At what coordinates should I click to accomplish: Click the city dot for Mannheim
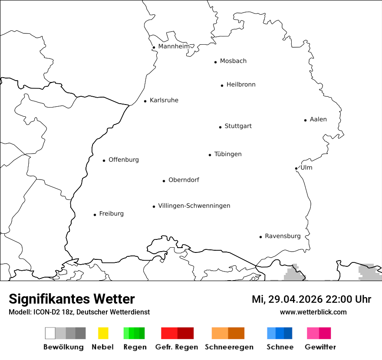coord(154,48)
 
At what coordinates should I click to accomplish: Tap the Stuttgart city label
coord(238,126)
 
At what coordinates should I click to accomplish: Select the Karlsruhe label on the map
coord(164,100)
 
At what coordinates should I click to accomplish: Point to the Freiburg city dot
coord(95,215)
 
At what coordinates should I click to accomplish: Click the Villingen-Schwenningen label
coord(194,206)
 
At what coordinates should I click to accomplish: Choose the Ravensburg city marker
coord(260,237)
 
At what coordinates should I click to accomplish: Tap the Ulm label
coord(306,167)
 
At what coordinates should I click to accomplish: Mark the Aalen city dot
coord(305,120)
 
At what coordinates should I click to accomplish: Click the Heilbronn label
coord(241,85)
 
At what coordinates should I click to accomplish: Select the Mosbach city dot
coord(215,62)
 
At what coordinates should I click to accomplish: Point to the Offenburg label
coord(123,160)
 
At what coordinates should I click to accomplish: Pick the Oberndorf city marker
coord(164,181)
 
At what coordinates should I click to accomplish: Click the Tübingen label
coord(228,154)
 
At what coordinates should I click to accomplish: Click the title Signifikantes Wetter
coord(72,299)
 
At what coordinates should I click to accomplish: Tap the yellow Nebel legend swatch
coord(103,333)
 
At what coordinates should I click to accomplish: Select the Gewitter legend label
coord(320,347)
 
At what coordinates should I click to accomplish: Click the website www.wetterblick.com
coord(313,312)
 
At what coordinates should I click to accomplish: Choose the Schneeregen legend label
coord(229,347)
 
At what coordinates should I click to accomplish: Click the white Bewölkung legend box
coord(50,333)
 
